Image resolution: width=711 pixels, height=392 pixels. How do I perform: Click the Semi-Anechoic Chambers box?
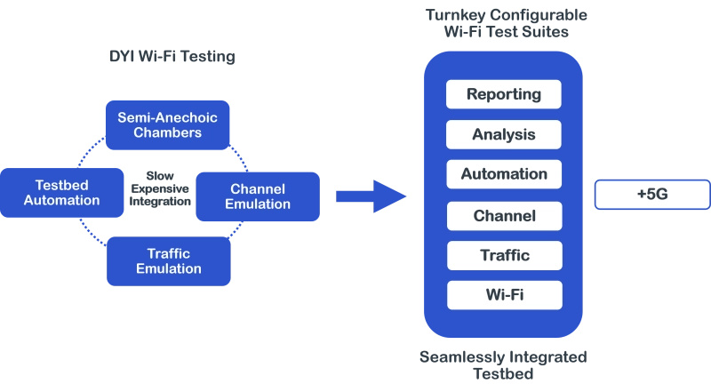pyautogui.click(x=168, y=125)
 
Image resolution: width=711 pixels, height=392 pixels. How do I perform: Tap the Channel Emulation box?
pyautogui.click(x=258, y=196)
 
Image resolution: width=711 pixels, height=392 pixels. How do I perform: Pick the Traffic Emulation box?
pyautogui.click(x=169, y=261)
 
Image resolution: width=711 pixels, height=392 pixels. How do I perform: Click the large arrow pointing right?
pyautogui.click(x=371, y=196)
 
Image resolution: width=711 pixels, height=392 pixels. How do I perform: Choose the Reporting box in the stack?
pyautogui.click(x=503, y=94)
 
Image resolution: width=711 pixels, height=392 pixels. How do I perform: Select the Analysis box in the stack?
pyautogui.click(x=503, y=135)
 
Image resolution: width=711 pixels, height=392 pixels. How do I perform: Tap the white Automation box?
pyautogui.click(x=503, y=174)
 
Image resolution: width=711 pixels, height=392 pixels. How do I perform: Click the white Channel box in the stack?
pyautogui.click(x=503, y=216)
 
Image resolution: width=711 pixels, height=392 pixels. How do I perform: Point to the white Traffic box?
pyautogui.click(x=503, y=256)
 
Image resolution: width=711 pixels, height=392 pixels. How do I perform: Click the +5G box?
pyautogui.click(x=651, y=195)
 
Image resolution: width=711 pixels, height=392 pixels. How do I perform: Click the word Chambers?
pyautogui.click(x=168, y=133)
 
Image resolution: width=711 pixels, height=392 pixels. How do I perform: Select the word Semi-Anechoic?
pyautogui.click(x=168, y=117)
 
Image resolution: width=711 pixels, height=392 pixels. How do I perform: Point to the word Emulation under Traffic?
pyautogui.click(x=169, y=269)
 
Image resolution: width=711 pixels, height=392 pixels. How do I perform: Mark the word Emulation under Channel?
pyautogui.click(x=258, y=204)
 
